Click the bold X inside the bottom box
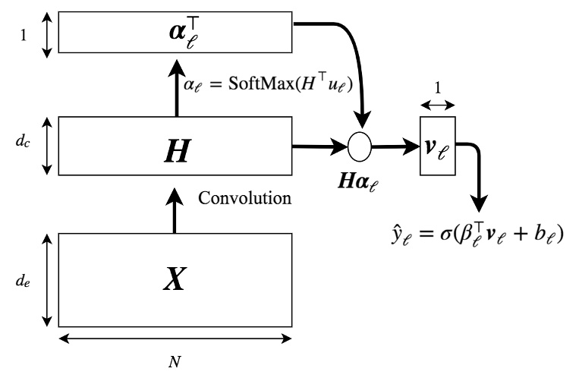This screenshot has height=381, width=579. [x=175, y=280]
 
